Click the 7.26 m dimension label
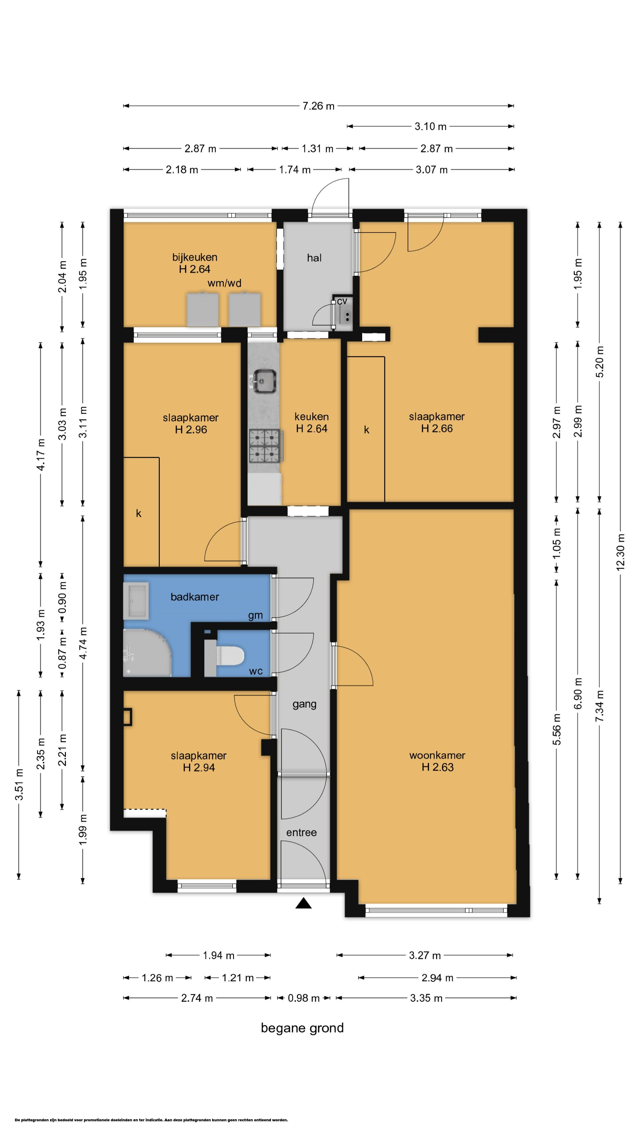coord(318,106)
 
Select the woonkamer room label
coord(437,755)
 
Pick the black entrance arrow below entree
coord(304,903)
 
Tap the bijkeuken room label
coord(194,257)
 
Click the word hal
coord(314,258)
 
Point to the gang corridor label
coord(304,704)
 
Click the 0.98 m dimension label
coord(304,998)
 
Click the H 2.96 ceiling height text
coord(191,429)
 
